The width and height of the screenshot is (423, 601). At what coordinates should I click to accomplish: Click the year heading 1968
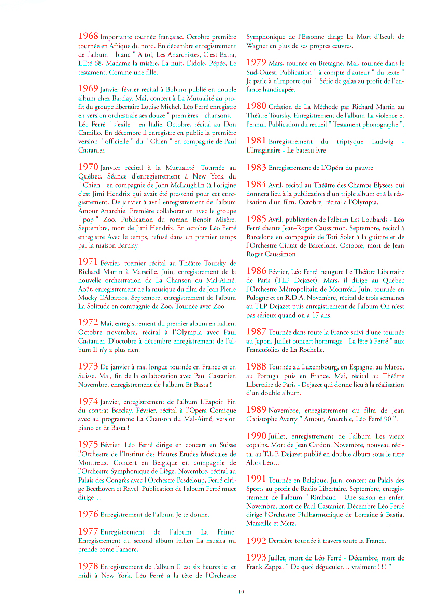(88, 36)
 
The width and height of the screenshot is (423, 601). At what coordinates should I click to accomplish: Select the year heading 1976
(88, 514)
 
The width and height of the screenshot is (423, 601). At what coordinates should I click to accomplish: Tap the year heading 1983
(256, 167)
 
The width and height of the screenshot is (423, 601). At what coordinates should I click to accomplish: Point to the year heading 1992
(256, 540)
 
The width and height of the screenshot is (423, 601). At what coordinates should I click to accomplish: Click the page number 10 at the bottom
(242, 591)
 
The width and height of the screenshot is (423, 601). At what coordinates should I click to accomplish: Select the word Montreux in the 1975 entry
(92, 461)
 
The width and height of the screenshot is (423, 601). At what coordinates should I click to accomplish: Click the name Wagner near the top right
(257, 46)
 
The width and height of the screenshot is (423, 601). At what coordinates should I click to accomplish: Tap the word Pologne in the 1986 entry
(261, 298)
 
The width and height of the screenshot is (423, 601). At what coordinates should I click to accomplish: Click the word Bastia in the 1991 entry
(393, 514)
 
